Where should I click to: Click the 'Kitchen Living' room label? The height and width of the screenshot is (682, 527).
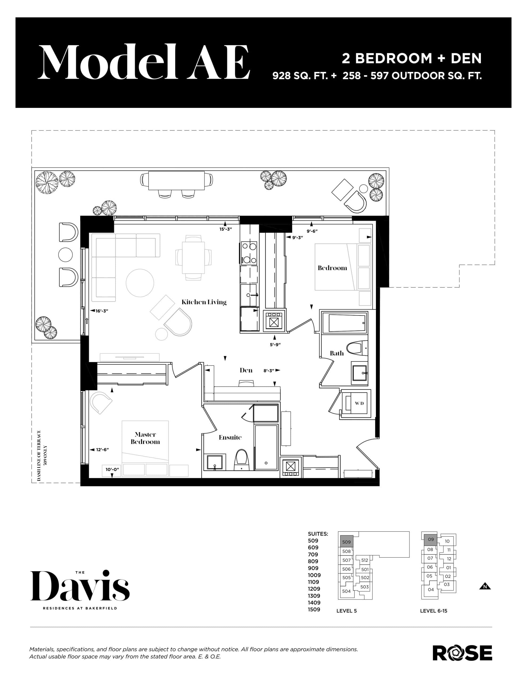pyautogui.click(x=204, y=302)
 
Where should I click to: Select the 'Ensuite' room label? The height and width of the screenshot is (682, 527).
pyautogui.click(x=230, y=437)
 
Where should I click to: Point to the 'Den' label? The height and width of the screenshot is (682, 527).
pyautogui.click(x=246, y=370)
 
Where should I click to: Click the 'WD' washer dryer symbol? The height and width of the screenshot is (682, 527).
pyautogui.click(x=359, y=403)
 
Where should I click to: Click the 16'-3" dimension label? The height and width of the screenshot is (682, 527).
pyautogui.click(x=101, y=311)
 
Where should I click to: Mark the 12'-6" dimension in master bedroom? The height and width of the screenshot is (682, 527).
pyautogui.click(x=102, y=450)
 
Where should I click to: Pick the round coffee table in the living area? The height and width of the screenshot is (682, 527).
pyautogui.click(x=140, y=283)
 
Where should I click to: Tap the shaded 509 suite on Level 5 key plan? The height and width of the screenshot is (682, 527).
pyautogui.click(x=346, y=542)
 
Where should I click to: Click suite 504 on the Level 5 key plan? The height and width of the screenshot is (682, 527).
pyautogui.click(x=346, y=591)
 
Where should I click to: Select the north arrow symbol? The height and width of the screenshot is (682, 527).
pyautogui.click(x=485, y=586)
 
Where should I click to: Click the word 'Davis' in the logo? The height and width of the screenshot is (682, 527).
pyautogui.click(x=80, y=586)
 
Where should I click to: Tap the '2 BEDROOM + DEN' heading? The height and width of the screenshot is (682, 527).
pyautogui.click(x=411, y=58)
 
